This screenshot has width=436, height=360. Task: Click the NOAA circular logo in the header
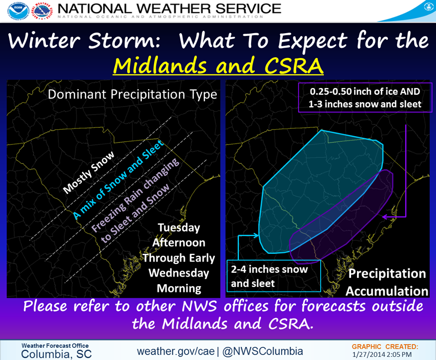coord(18,11)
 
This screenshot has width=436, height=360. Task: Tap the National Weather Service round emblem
coord(42,11)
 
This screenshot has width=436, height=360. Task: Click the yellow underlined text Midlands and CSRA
coord(218,65)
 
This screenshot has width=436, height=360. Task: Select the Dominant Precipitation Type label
coord(132,94)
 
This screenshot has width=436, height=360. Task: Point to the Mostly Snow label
coord(89,173)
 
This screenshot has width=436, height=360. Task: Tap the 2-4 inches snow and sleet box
coord(273,276)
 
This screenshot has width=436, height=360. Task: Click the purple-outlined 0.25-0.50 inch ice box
coord(365,98)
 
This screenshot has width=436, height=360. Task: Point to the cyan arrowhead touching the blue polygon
coord(256,236)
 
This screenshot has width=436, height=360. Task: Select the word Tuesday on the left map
coord(179,228)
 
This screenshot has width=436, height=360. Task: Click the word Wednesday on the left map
coord(179,273)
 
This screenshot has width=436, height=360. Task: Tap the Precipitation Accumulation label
coord(387,282)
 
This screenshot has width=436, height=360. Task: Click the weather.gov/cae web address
coord(176,351)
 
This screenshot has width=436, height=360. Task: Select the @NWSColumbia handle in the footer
coord(263,351)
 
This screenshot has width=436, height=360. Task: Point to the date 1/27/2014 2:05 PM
coord(382,355)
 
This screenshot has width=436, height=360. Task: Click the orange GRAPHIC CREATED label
coord(385,347)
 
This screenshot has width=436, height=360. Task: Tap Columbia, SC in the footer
coord(56,354)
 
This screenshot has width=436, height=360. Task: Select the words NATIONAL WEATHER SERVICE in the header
coord(169,9)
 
